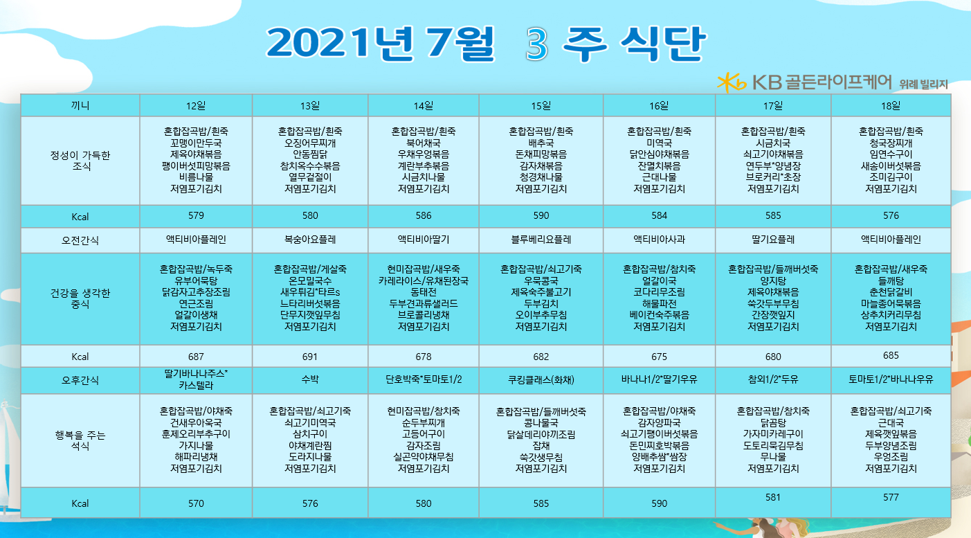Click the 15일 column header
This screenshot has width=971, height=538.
(541, 106)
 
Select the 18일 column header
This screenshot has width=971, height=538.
(891, 106)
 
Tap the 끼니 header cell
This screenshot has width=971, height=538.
(80, 106)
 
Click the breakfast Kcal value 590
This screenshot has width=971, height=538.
(541, 215)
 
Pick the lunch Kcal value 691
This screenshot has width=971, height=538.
(310, 357)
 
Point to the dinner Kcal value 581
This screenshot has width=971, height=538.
(773, 497)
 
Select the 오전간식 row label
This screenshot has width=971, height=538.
(80, 240)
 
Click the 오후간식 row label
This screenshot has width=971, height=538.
(80, 380)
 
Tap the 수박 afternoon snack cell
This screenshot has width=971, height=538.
(310, 379)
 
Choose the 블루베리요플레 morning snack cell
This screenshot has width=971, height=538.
(541, 240)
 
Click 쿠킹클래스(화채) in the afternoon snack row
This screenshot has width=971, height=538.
(541, 380)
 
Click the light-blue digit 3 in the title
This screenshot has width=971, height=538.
(537, 44)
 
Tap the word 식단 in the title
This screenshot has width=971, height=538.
(663, 44)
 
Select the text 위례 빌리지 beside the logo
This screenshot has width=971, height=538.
(923, 84)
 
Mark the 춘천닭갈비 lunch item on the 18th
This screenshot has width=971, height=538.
(891, 292)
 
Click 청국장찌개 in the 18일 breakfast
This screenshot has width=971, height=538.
(891, 143)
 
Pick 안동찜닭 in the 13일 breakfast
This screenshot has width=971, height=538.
(310, 154)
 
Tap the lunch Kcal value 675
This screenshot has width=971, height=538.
(659, 357)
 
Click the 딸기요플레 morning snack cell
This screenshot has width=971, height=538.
(773, 240)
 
